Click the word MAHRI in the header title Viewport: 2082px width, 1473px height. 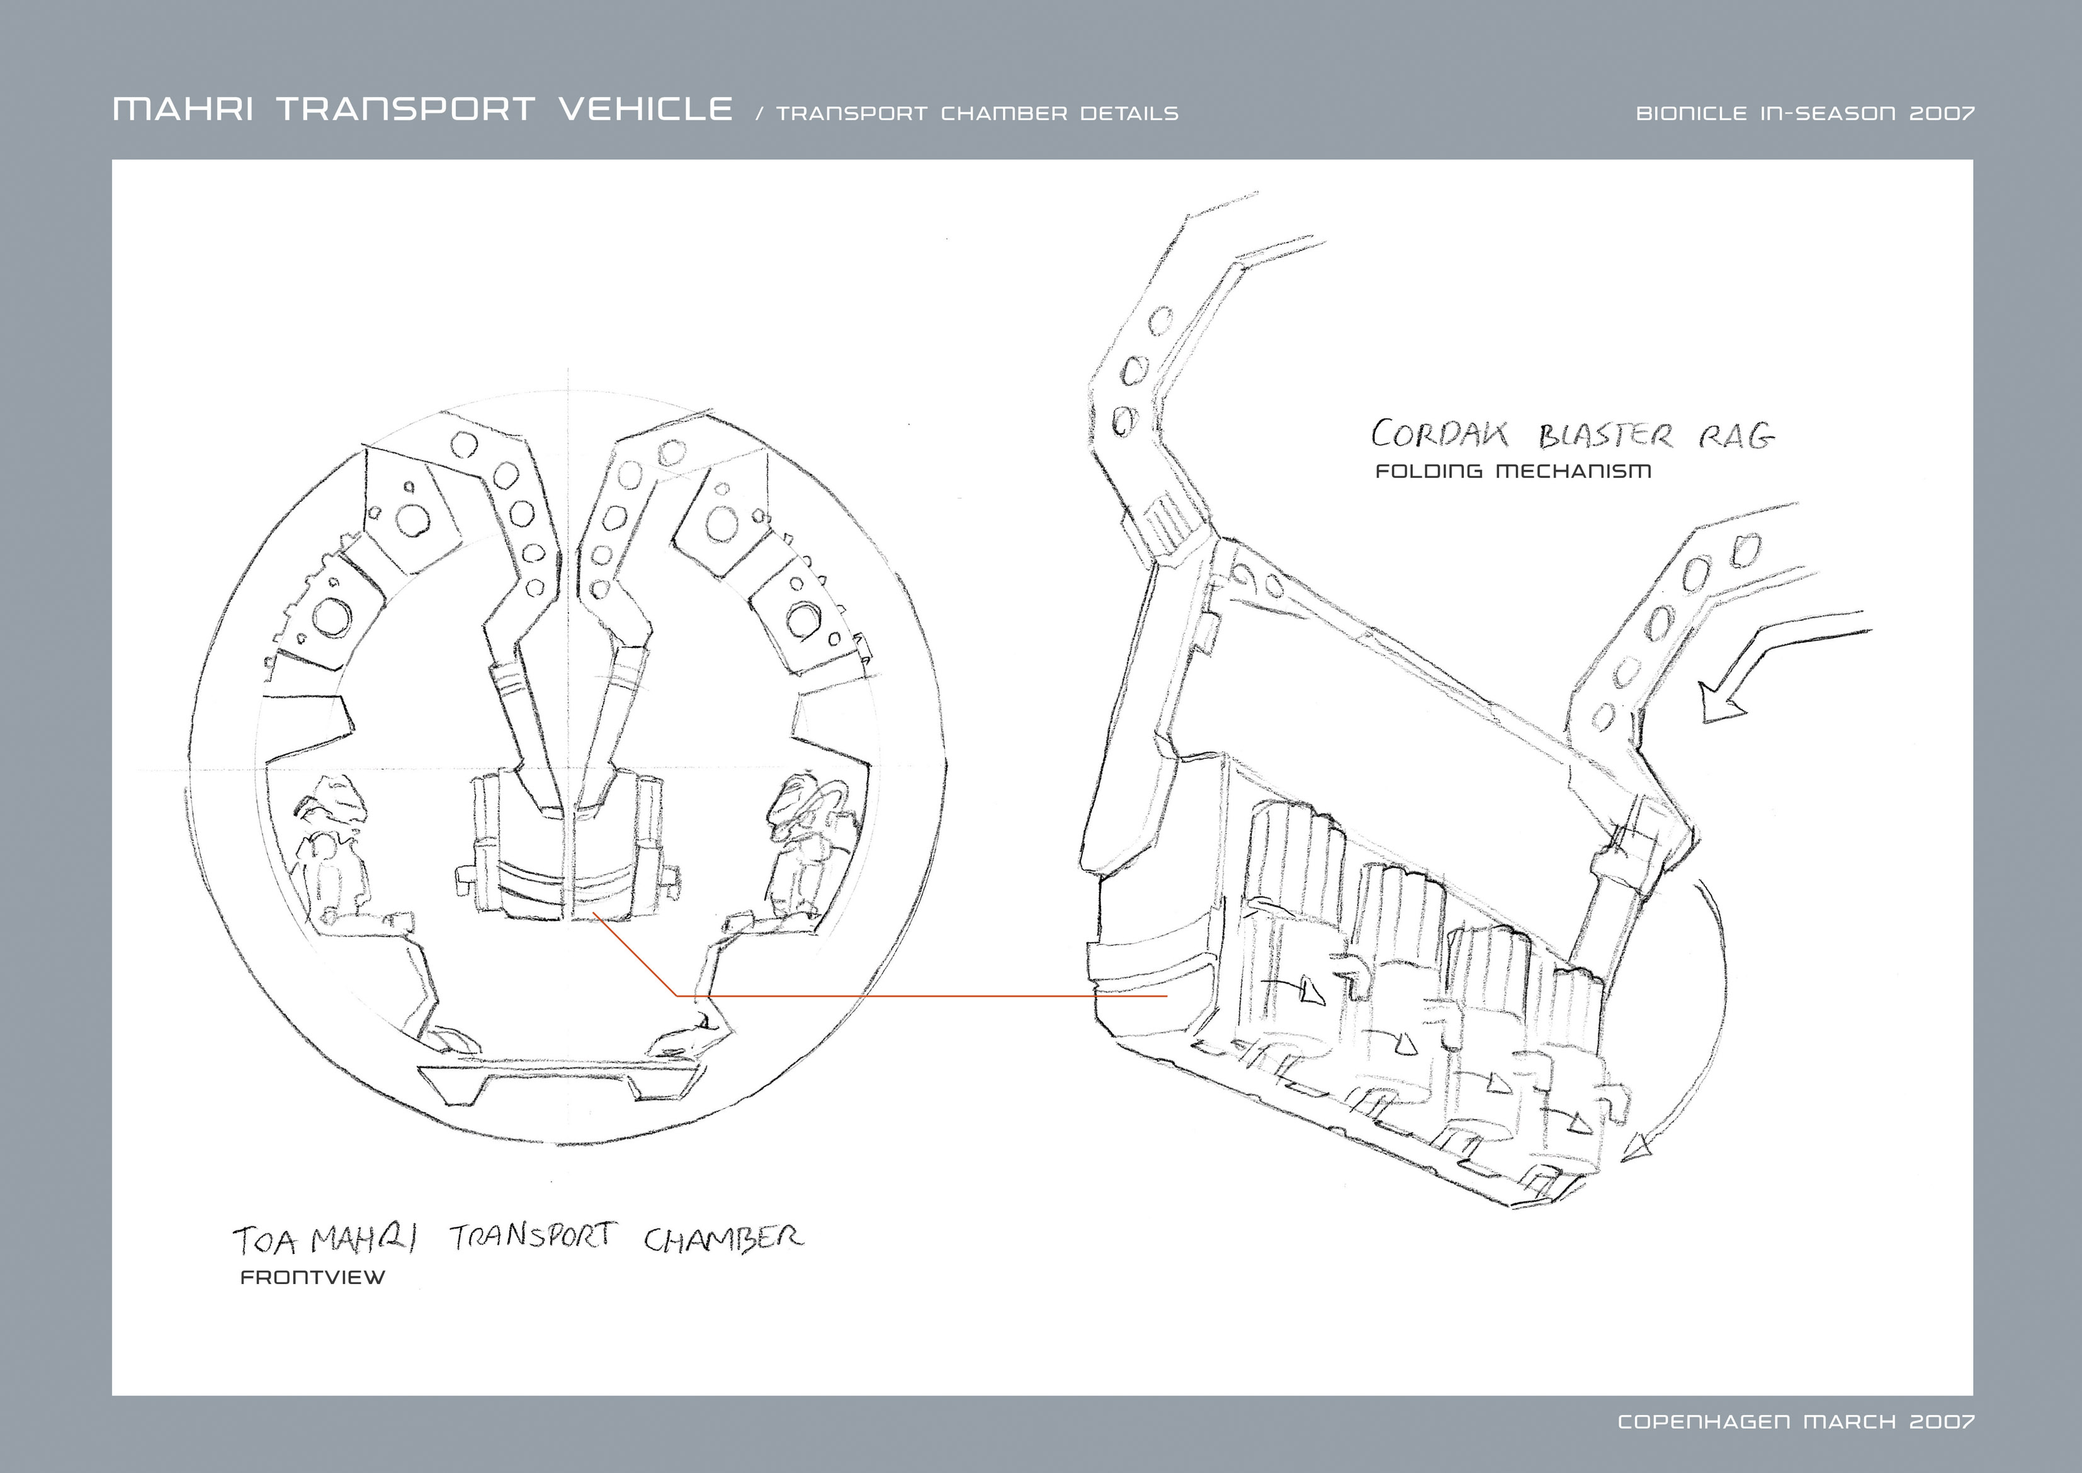tap(183, 110)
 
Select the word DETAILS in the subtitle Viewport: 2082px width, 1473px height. tap(1128, 114)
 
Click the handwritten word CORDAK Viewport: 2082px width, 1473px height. tap(1440, 435)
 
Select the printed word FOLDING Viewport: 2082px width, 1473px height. tap(1429, 471)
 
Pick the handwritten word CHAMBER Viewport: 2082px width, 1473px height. tap(723, 1239)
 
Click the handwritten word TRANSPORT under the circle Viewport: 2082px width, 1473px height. tap(533, 1236)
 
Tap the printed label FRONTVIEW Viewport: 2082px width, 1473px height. tap(313, 1277)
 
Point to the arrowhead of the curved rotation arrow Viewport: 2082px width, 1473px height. tap(1637, 1150)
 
